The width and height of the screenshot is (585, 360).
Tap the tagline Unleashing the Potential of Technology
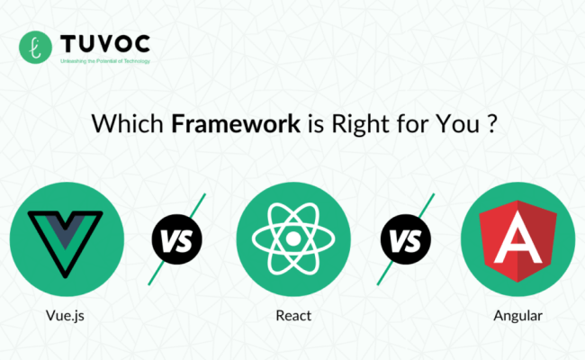click(x=104, y=61)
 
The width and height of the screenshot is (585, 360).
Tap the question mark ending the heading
click(x=491, y=125)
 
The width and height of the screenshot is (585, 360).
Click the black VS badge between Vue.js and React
click(x=175, y=240)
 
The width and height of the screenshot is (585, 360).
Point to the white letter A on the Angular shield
click(x=516, y=238)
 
